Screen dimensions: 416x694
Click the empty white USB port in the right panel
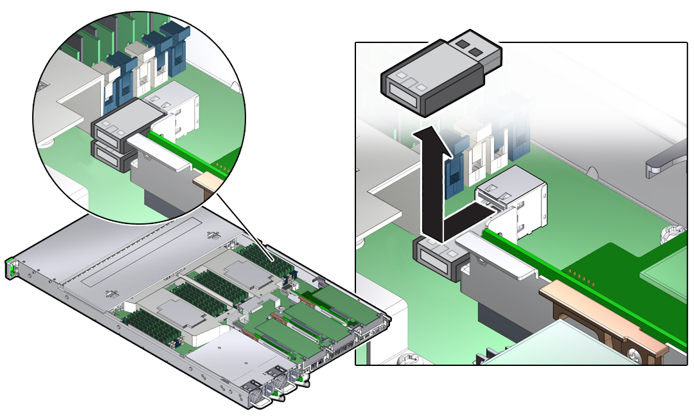point(514,205)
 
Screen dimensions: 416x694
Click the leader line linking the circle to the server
point(244,221)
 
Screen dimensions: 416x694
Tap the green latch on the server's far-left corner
point(10,268)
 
